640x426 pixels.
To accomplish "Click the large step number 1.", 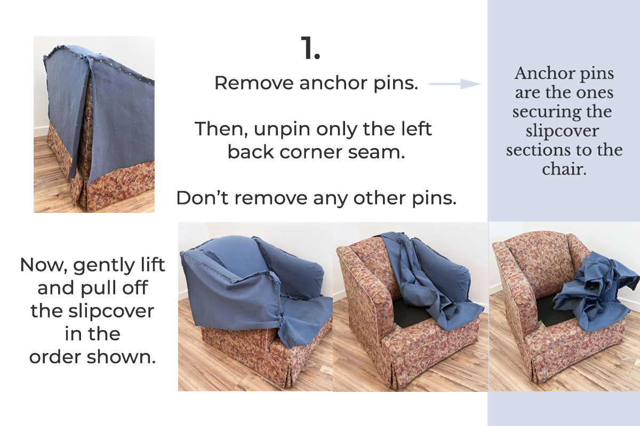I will [x=310, y=48].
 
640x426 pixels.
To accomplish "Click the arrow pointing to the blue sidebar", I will [x=454, y=84].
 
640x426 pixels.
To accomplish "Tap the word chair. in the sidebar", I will [x=564, y=169].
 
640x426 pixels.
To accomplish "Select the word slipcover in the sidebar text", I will [x=564, y=130].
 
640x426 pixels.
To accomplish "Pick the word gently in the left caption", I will [x=103, y=265].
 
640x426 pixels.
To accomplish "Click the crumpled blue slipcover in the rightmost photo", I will [x=592, y=293].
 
